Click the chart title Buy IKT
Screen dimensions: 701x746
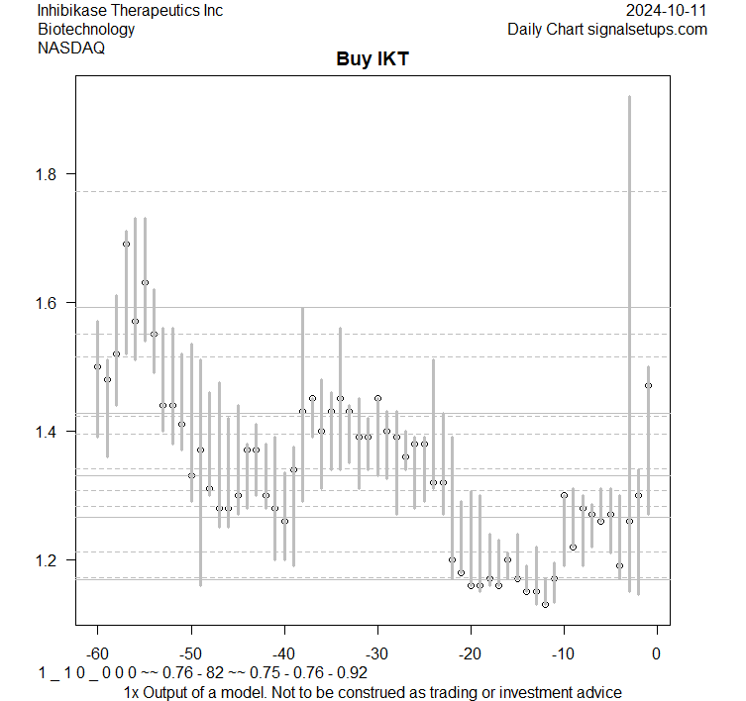(x=373, y=59)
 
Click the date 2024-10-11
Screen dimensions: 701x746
(x=667, y=10)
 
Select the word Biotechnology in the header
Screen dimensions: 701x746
(x=86, y=29)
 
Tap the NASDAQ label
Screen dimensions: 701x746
(x=68, y=47)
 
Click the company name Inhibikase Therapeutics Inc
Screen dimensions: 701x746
(x=130, y=10)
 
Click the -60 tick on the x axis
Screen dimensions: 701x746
(x=97, y=652)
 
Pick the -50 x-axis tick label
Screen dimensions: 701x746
(x=190, y=652)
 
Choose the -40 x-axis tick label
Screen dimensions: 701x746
(x=283, y=652)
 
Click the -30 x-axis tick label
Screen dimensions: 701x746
(x=376, y=652)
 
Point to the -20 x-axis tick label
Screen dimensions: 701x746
(x=470, y=652)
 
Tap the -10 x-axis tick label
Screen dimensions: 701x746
(x=563, y=652)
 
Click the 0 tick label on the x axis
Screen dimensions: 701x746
(x=657, y=652)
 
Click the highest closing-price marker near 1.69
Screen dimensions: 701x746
(x=126, y=244)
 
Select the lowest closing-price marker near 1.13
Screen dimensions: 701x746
(x=545, y=604)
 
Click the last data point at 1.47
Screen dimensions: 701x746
(x=648, y=385)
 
